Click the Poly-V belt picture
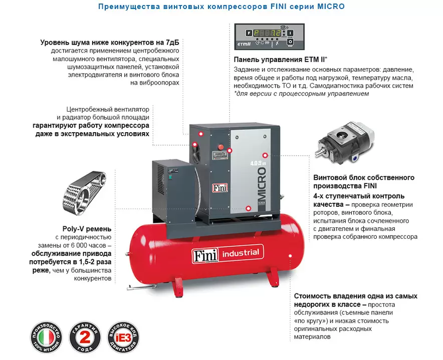coord(86,191)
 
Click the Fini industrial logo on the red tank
coord(227,253)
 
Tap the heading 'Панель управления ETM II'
coord(274,59)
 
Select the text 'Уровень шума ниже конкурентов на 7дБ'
coord(110,43)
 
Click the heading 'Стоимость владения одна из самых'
coord(355,296)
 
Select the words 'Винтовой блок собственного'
coord(363,178)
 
